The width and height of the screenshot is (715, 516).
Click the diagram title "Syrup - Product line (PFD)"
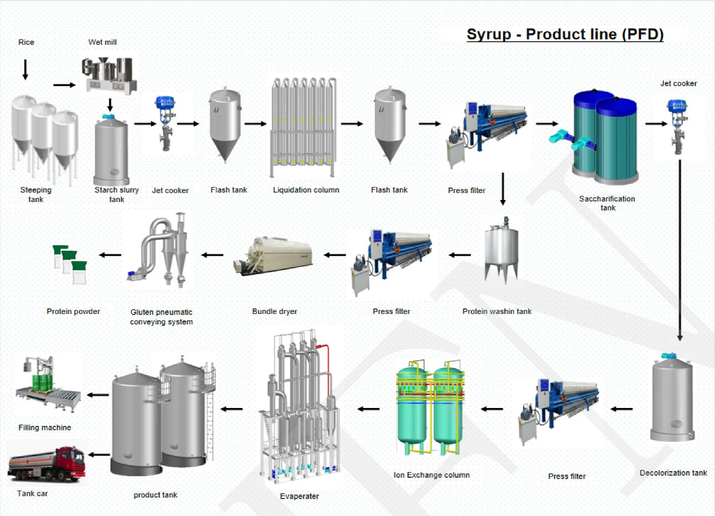pyautogui.click(x=565, y=34)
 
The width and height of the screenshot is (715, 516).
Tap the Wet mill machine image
pyautogui.click(x=109, y=76)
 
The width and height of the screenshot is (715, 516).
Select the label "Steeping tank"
pyautogui.click(x=36, y=195)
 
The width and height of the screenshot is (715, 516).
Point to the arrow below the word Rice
pyautogui.click(x=25, y=70)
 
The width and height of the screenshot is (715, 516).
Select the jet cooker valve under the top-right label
pyautogui.click(x=678, y=127)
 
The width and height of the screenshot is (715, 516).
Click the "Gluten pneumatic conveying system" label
pyautogui.click(x=161, y=317)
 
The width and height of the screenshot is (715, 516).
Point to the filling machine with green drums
pyautogui.click(x=47, y=384)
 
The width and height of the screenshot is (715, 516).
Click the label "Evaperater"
pyautogui.click(x=299, y=496)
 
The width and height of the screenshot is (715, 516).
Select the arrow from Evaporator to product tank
pyautogui.click(x=232, y=409)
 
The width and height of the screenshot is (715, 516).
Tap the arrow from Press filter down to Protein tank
pyautogui.click(x=503, y=189)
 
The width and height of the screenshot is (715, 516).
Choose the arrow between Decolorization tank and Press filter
pyautogui.click(x=621, y=409)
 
